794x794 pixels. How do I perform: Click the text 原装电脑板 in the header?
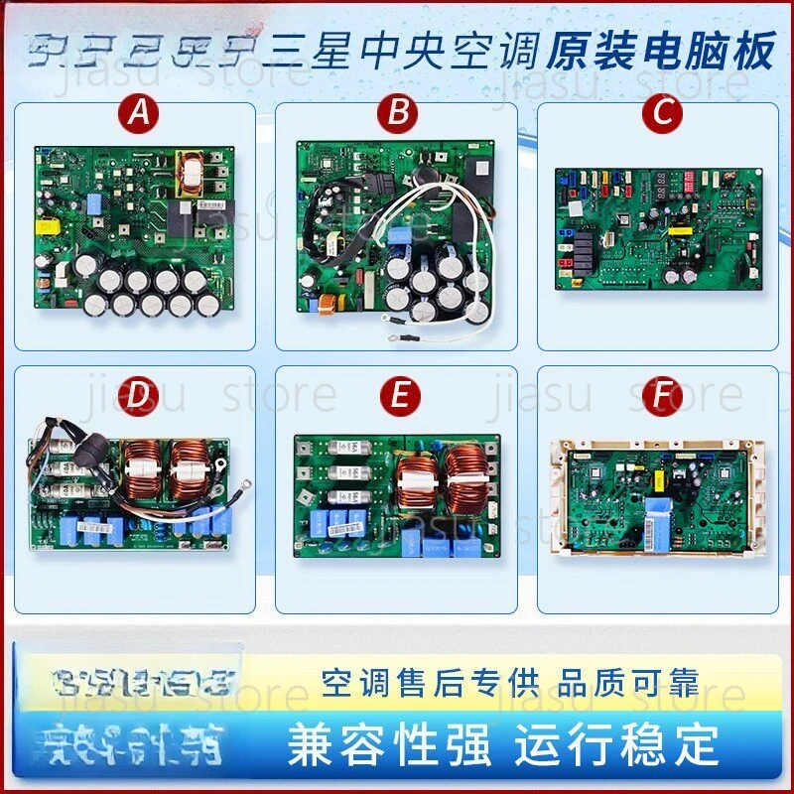[x=659, y=53]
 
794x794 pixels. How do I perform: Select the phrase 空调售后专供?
[x=430, y=683]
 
